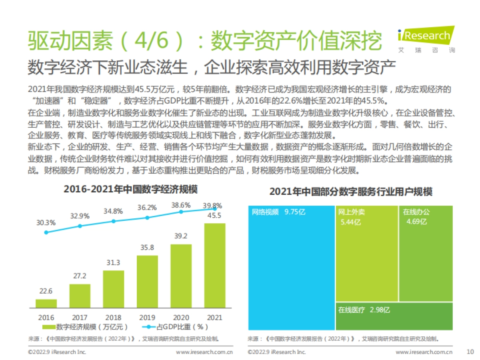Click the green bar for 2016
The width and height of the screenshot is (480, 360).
[46, 303]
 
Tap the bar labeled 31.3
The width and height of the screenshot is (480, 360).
[114, 289]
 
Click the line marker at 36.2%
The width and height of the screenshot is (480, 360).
[147, 218]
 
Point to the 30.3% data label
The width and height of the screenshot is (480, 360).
[46, 223]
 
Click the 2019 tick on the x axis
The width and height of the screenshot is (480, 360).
[147, 318]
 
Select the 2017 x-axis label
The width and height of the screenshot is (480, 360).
[80, 318]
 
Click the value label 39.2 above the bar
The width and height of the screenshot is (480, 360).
[181, 236]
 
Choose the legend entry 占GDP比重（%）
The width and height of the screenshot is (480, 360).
[176, 327]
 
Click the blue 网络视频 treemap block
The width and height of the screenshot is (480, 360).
[291, 268]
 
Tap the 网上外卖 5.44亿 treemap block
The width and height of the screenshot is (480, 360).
[366, 254]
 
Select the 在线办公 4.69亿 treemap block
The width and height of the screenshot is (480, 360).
[426, 254]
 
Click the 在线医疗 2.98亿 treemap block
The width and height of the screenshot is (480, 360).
[394, 316]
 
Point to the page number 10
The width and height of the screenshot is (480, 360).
[470, 352]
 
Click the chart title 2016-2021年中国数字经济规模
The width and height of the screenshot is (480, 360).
[130, 189]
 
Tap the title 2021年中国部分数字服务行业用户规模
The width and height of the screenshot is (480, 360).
[351, 192]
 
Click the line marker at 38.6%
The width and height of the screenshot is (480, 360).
[181, 212]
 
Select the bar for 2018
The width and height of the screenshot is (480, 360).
[114, 289]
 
